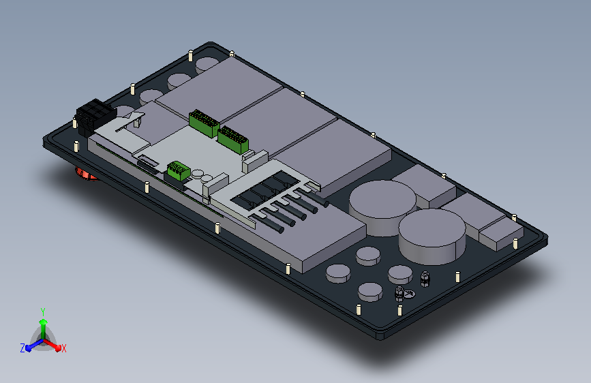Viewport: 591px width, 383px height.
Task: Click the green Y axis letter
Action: [x=42, y=312]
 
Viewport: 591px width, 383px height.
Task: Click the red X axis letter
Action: [x=63, y=348]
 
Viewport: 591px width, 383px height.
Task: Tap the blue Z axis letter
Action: [x=22, y=348]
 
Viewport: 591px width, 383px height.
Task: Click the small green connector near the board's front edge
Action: [x=178, y=171]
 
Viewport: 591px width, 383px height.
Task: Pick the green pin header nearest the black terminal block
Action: [x=204, y=123]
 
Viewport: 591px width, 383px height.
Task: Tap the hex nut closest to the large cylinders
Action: [x=425, y=279]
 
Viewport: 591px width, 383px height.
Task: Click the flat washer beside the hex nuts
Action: [x=410, y=293]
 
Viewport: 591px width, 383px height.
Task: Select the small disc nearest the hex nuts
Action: [x=400, y=274]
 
